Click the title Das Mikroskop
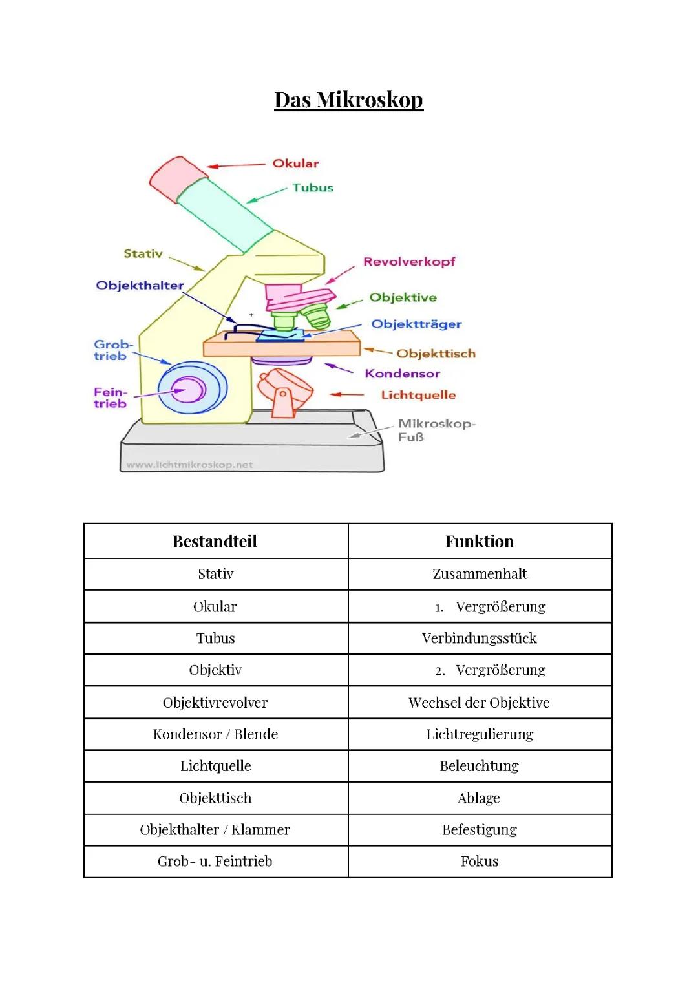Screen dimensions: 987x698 (x=348, y=100)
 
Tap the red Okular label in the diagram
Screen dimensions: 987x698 (x=295, y=164)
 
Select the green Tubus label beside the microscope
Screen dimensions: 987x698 (x=313, y=188)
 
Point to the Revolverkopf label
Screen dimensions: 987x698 (x=409, y=262)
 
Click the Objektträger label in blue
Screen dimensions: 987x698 (x=416, y=324)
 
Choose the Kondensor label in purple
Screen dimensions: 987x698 (x=402, y=374)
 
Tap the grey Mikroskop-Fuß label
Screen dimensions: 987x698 (x=436, y=430)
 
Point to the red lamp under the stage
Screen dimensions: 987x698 (x=283, y=388)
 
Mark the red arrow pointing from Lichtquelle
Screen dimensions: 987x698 (x=347, y=394)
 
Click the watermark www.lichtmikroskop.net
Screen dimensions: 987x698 (x=189, y=465)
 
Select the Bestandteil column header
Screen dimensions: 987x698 (x=215, y=542)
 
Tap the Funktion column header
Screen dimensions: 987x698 (x=480, y=542)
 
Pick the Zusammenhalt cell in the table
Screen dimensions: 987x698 (x=480, y=574)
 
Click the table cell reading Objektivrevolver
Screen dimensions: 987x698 (x=215, y=703)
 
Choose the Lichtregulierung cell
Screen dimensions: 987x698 (x=480, y=734)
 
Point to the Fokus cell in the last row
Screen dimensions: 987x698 (x=480, y=862)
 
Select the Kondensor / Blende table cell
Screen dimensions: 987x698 (x=215, y=734)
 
